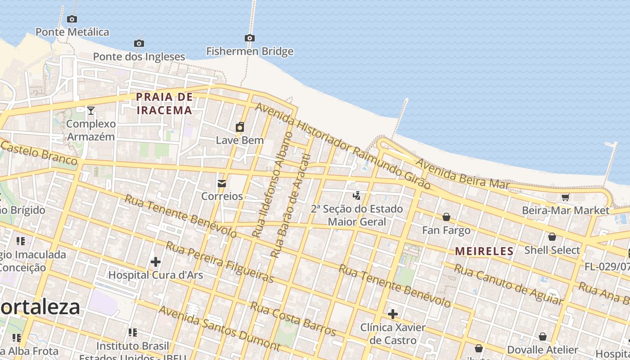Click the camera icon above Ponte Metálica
pyautogui.click(x=72, y=19)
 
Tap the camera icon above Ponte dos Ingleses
pyautogui.click(x=139, y=43)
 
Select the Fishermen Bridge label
pyautogui.click(x=250, y=51)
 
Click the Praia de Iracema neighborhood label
pyautogui.click(x=164, y=103)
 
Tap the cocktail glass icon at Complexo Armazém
pyautogui.click(x=91, y=110)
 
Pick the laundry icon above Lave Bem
pyautogui.click(x=240, y=127)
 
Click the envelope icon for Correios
pyautogui.click(x=222, y=183)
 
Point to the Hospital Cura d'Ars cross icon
pyautogui.click(x=156, y=261)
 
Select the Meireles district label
pyautogui.click(x=484, y=252)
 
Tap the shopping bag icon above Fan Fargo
pyautogui.click(x=446, y=217)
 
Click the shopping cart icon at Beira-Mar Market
pyautogui.click(x=565, y=197)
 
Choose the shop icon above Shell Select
pyautogui.click(x=552, y=237)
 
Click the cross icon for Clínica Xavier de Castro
pyautogui.click(x=393, y=314)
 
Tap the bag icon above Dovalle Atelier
pyautogui.click(x=543, y=337)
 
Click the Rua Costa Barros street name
pyautogui.click(x=293, y=319)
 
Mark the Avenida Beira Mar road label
pyautogui.click(x=463, y=174)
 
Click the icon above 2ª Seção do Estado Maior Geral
pyautogui.click(x=356, y=196)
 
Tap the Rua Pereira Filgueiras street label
pyautogui.click(x=220, y=262)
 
